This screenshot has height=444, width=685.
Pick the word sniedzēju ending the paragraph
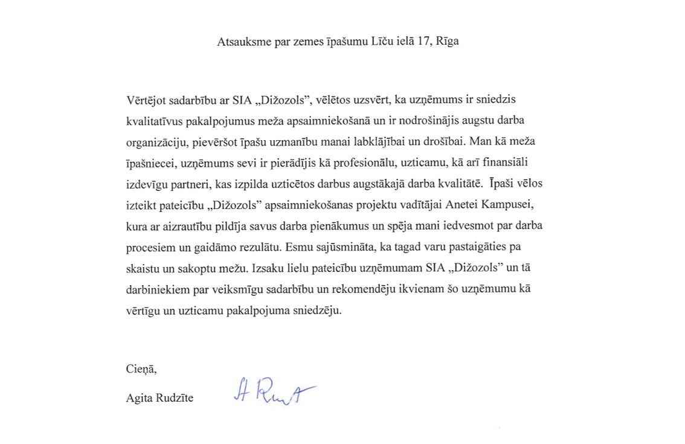click(x=322, y=312)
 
